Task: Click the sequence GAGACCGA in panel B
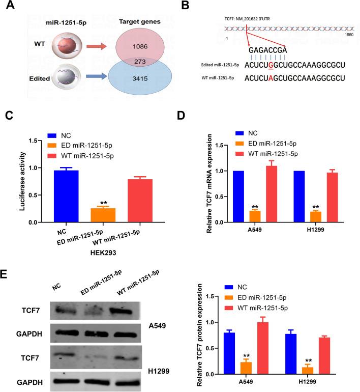pyautogui.click(x=268, y=50)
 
